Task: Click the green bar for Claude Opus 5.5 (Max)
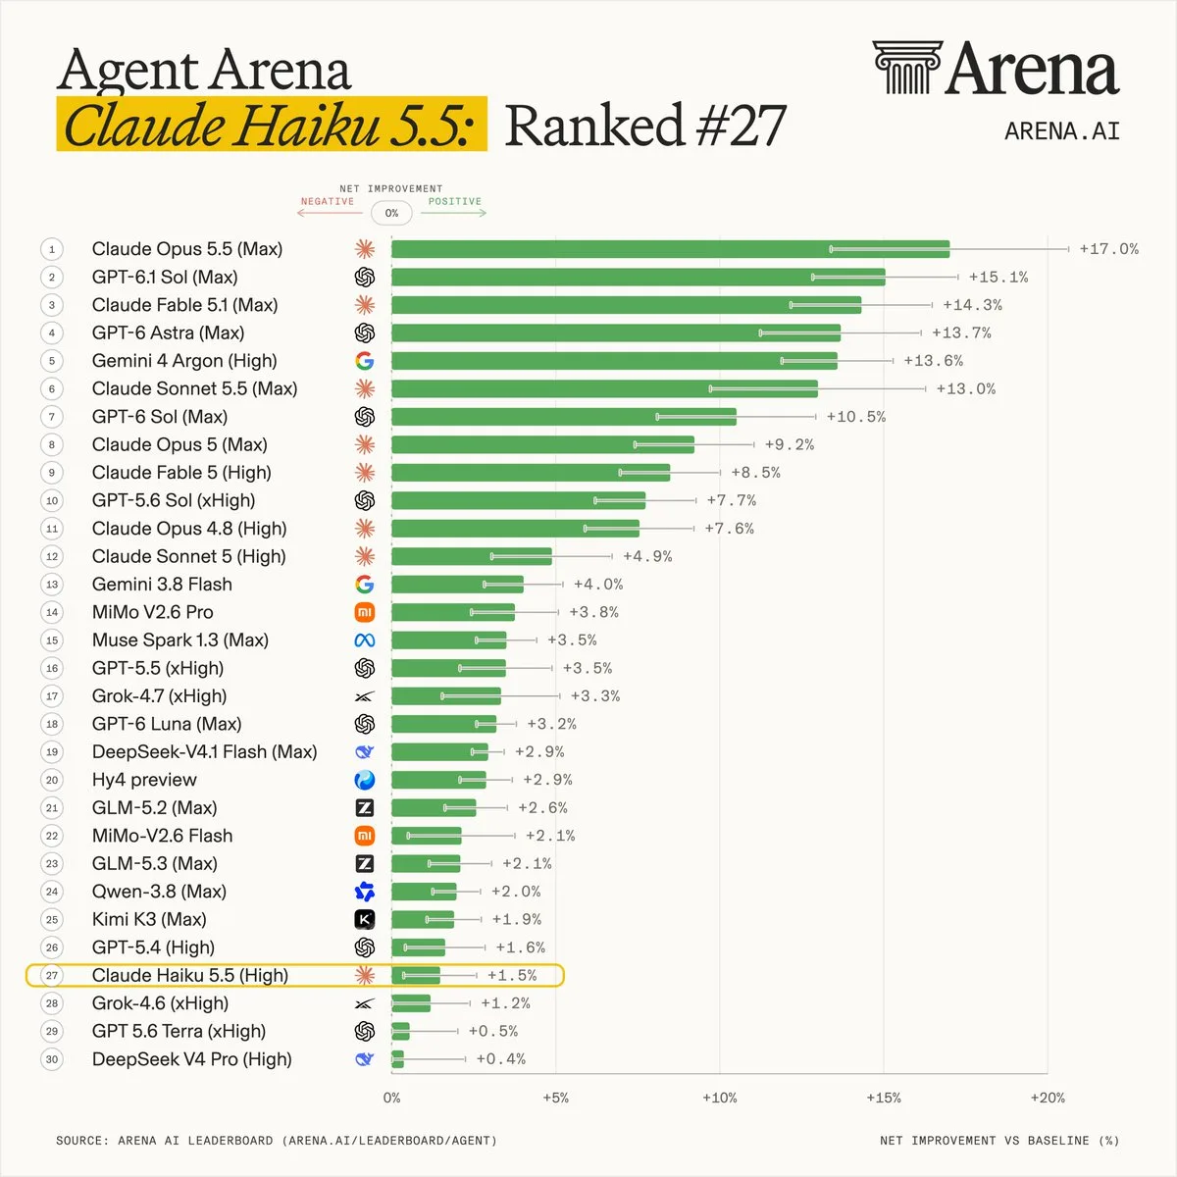[x=670, y=249]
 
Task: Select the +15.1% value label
[x=998, y=278]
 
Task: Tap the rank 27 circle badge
[x=52, y=975]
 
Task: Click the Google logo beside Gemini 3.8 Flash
[x=365, y=585]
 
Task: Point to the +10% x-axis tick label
[x=719, y=1098]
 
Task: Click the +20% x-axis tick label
[x=1048, y=1098]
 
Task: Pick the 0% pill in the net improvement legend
[x=391, y=213]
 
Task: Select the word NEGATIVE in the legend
[x=328, y=202]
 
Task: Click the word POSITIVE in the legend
[x=454, y=202]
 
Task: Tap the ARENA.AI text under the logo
[x=1062, y=131]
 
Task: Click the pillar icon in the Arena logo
[x=907, y=68]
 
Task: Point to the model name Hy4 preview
[x=144, y=780]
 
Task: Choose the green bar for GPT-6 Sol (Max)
[x=564, y=417]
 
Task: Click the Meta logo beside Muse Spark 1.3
[x=365, y=640]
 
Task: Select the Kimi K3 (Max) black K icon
[x=365, y=919]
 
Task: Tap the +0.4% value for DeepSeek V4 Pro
[x=501, y=1059]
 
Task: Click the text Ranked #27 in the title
[x=645, y=126]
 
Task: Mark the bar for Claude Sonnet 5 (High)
[x=472, y=556]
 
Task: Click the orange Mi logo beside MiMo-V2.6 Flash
[x=365, y=836]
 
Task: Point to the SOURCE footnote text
[x=277, y=1141]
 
